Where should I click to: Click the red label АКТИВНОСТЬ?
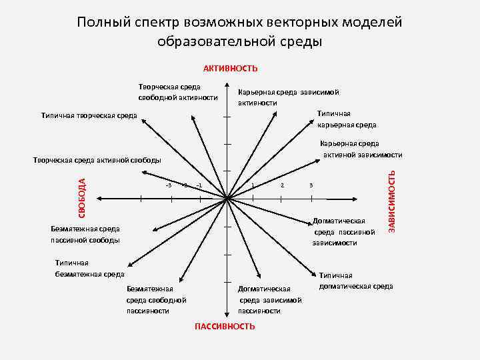click(231, 69)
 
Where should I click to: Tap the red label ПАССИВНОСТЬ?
click(225, 326)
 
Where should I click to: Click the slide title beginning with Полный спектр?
click(239, 31)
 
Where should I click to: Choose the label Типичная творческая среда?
click(89, 116)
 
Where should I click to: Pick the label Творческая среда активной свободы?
click(97, 160)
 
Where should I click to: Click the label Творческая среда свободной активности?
click(178, 93)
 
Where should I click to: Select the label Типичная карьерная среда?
click(346, 119)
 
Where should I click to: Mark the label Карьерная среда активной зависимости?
click(361, 149)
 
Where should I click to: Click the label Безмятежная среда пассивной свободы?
click(85, 234)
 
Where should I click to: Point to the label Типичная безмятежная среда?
click(89, 268)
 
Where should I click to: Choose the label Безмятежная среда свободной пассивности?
click(156, 299)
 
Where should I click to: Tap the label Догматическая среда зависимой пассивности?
click(269, 299)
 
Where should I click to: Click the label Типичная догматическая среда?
click(355, 281)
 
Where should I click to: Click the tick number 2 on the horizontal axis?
click(283, 185)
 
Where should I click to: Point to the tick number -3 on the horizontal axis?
click(169, 185)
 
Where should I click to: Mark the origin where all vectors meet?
click(227, 198)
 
